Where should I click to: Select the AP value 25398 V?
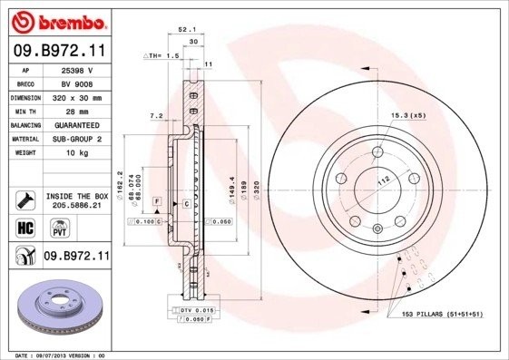point(76,69)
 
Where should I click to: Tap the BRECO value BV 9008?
point(76,83)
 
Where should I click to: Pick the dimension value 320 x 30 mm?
point(76,96)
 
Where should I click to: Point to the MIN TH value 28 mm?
point(76,111)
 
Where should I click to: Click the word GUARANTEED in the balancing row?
point(76,125)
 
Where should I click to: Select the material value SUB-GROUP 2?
point(76,139)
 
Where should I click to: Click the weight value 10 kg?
point(76,153)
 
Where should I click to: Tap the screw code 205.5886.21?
point(77,206)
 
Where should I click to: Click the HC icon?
point(24,227)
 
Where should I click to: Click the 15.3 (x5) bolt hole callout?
point(408,115)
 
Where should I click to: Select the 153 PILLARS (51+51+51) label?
point(441,314)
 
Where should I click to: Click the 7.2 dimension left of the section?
point(155,116)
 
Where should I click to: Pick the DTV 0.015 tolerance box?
point(193,310)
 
